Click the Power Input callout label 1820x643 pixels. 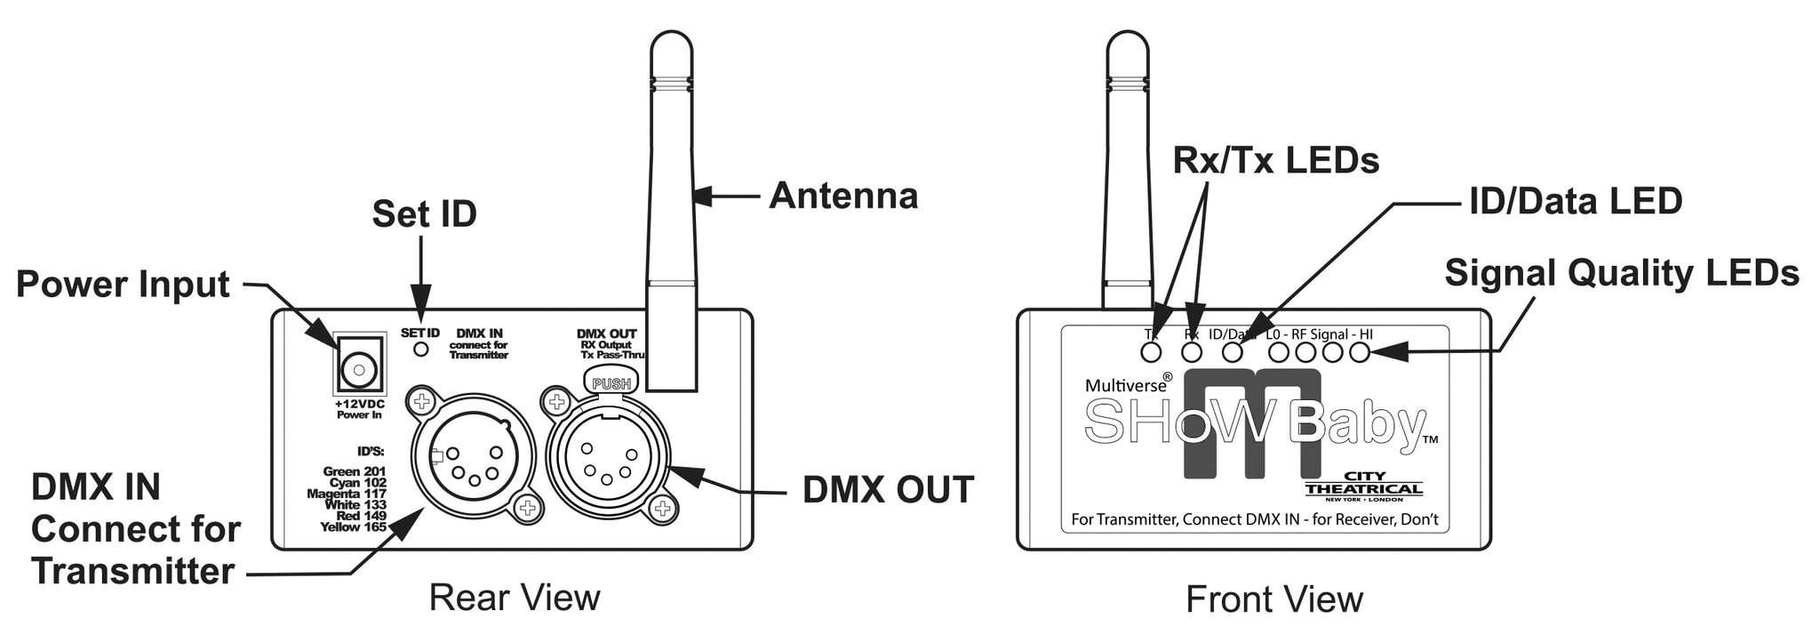tap(124, 285)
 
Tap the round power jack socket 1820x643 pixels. tap(359, 367)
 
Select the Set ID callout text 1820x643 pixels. tap(424, 214)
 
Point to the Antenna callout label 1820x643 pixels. tap(842, 196)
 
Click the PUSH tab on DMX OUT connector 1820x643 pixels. tap(611, 384)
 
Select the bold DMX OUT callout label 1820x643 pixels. tap(888, 490)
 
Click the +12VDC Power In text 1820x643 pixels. tap(359, 409)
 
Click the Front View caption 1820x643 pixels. tap(1273, 599)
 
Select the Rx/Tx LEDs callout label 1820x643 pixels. tap(1275, 160)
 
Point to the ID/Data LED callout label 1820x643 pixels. tap(1575, 202)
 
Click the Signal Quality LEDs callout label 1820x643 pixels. tap(1621, 273)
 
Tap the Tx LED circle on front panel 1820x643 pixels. tap(1152, 352)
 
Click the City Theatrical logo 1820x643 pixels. tap(1364, 486)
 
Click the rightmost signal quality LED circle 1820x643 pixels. tap(1360, 352)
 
